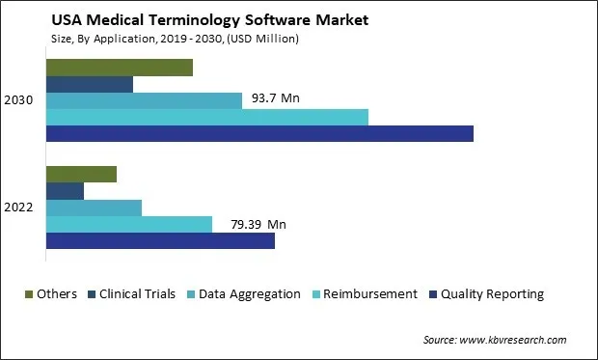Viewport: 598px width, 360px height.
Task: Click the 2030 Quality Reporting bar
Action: [x=259, y=133]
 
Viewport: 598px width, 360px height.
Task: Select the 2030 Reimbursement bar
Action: [x=207, y=117]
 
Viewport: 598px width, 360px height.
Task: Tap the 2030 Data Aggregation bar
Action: [x=144, y=100]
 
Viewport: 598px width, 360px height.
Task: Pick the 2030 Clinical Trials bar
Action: [x=90, y=84]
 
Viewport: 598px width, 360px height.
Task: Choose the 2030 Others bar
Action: [x=120, y=68]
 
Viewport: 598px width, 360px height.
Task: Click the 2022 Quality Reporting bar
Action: [x=160, y=240]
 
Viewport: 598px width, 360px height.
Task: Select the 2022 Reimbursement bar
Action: [x=129, y=224]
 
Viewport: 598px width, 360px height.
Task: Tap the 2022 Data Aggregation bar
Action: [x=94, y=208]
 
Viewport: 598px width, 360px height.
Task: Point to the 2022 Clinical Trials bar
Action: [x=65, y=191]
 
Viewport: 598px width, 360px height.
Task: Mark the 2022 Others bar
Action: [x=81, y=175]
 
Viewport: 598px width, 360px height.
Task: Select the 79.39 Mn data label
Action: [x=258, y=225]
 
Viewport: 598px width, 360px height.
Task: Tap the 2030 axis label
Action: [x=19, y=100]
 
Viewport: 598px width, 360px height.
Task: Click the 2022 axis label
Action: [x=19, y=208]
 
